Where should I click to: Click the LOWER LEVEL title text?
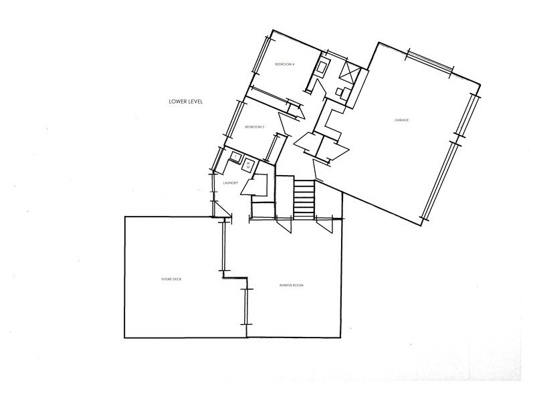(186, 102)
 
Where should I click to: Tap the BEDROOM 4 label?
(286, 64)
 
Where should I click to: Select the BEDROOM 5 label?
(255, 127)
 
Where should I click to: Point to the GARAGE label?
(401, 120)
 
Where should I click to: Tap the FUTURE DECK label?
(171, 279)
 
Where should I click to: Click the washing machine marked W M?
(247, 163)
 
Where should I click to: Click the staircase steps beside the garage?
(304, 197)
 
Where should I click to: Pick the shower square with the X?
(350, 72)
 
